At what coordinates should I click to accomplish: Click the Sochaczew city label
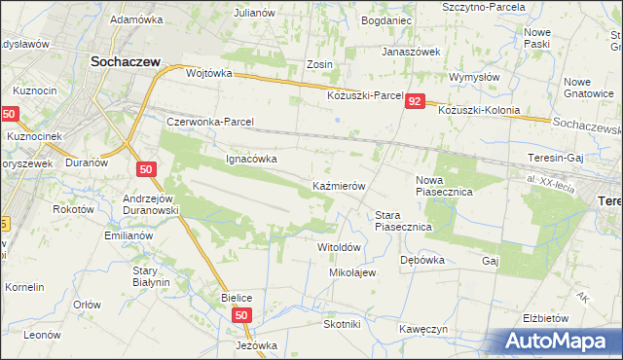(x=125, y=60)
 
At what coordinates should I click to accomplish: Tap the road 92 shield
(x=416, y=101)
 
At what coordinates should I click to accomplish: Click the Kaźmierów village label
(x=338, y=185)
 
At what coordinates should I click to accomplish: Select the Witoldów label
(x=340, y=247)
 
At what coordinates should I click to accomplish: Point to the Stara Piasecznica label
(x=403, y=220)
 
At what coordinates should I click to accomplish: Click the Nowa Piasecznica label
(x=444, y=186)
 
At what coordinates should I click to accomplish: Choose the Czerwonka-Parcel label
(x=210, y=123)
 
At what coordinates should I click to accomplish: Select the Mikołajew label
(x=352, y=272)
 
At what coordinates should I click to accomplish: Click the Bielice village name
(x=237, y=297)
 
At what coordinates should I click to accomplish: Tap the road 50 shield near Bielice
(x=242, y=315)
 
